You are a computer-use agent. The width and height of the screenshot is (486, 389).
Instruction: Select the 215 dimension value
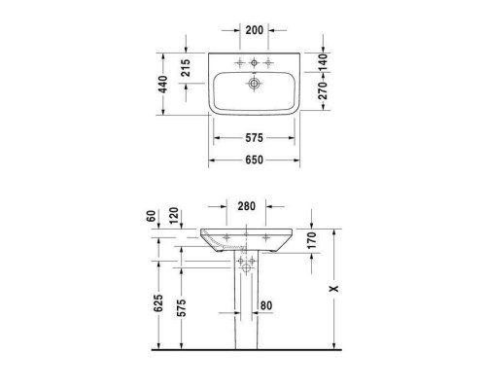186,68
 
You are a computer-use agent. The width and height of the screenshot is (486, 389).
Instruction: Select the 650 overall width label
254,159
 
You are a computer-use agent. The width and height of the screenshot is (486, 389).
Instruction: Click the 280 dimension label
245,206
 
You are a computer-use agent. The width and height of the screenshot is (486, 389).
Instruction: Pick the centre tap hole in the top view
255,63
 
